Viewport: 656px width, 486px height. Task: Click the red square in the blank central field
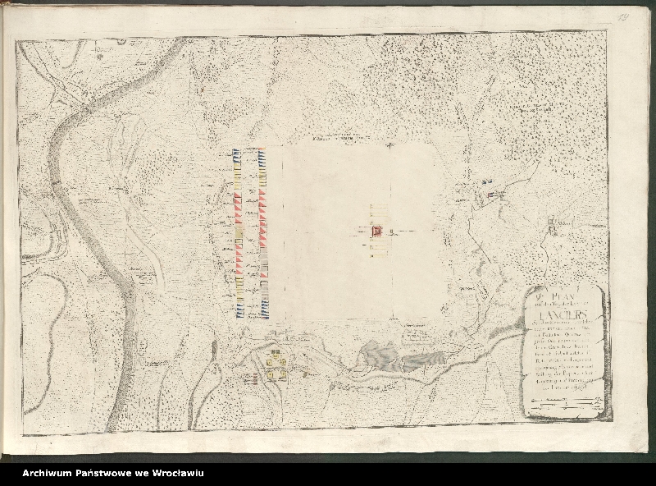click(377, 231)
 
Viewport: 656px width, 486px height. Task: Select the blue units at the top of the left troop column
click(236, 156)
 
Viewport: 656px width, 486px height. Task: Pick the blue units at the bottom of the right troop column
click(265, 308)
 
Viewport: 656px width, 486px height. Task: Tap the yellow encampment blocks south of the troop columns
click(276, 364)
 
